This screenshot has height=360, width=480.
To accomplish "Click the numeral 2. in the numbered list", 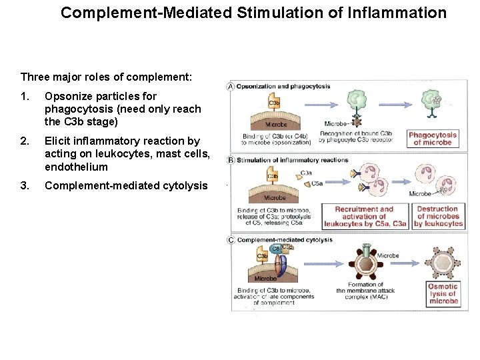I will coord(25,141).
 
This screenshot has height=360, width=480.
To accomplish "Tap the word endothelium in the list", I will coord(76,167).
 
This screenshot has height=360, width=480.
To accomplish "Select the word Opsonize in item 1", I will coord(67,96).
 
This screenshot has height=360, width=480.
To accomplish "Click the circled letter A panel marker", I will coord(231,87).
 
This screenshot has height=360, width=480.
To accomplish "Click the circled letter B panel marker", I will coord(231,160).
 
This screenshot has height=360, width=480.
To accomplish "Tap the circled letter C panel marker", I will coord(231,239).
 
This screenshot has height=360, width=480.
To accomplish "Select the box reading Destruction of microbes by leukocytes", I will coord(437,217).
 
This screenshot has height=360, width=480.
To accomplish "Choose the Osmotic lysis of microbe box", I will coord(443,294).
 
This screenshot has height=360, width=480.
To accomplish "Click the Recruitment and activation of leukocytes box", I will coord(364,217).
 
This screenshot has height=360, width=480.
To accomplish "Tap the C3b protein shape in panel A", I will coord(274,103).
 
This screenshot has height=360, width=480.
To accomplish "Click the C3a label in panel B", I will coord(306,173).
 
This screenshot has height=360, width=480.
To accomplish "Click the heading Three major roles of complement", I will coord(106,77).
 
